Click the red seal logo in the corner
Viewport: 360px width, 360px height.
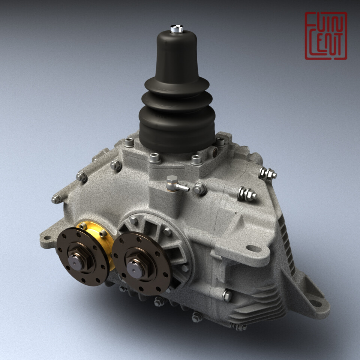pyautogui.click(x=325, y=36)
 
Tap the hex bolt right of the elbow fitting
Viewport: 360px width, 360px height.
pyautogui.click(x=199, y=188)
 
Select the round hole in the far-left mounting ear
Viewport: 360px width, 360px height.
pyautogui.click(x=47, y=237)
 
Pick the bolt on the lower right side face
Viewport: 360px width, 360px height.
pyautogui.click(x=227, y=295)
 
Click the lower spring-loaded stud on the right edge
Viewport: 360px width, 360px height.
pyautogui.click(x=247, y=193)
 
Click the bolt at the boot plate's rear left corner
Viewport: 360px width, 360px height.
pyautogui.click(x=129, y=142)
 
